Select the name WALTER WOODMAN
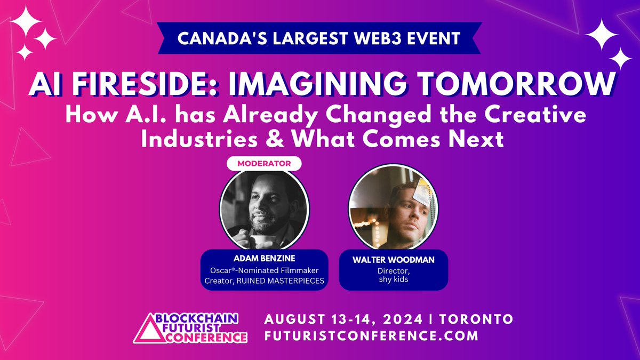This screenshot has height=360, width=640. tap(394, 261)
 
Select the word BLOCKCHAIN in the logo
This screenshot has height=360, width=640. tap(195, 318)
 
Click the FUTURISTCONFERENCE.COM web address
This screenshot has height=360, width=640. tap(371, 336)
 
